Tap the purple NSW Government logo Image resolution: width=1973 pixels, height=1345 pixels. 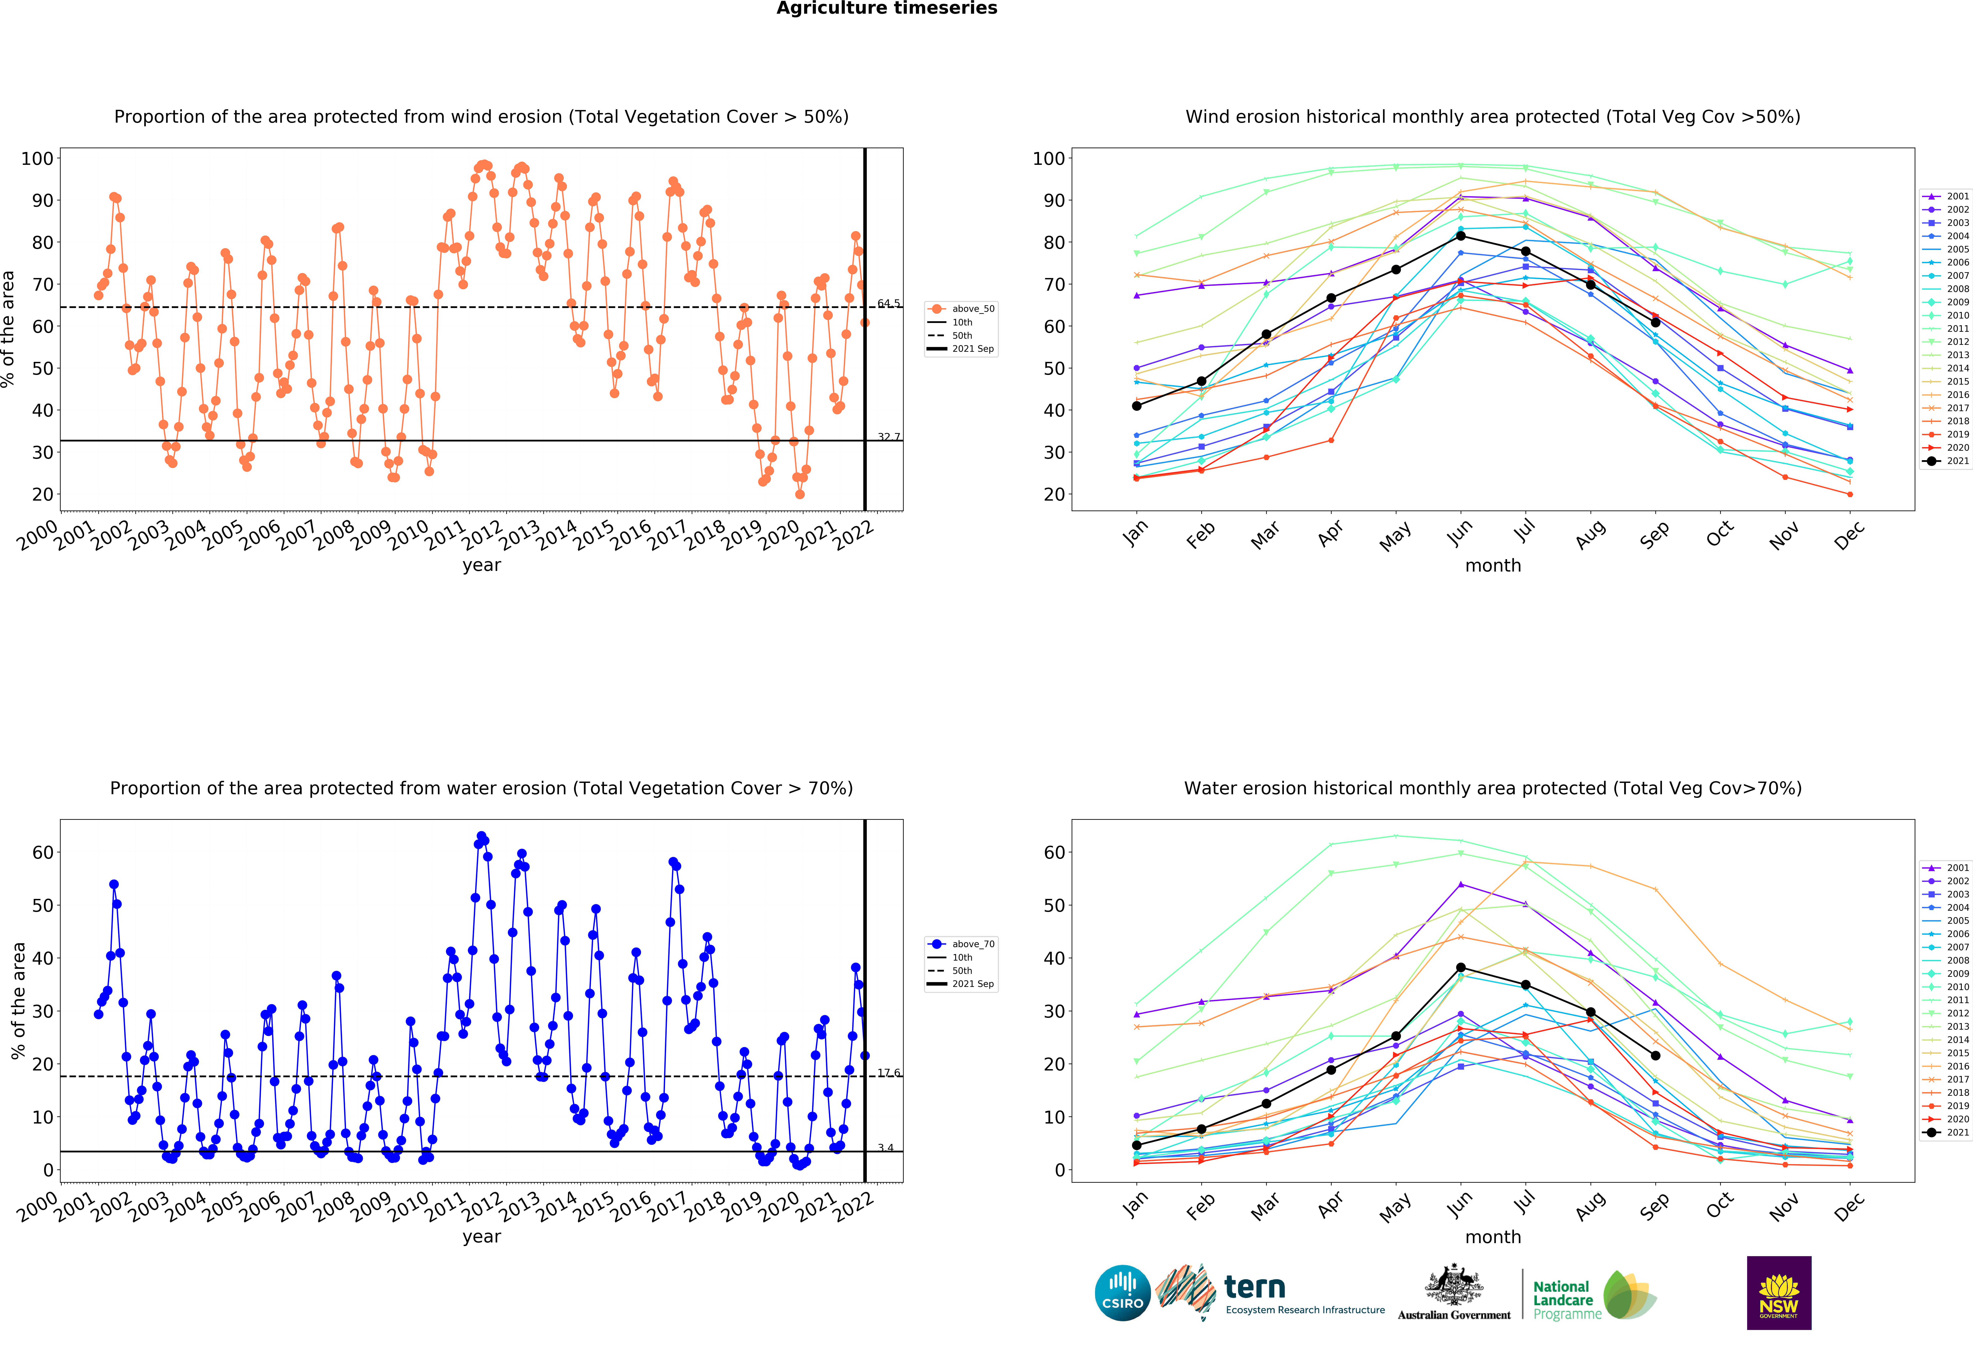[x=1778, y=1292]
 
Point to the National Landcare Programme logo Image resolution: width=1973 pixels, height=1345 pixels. [x=1593, y=1295]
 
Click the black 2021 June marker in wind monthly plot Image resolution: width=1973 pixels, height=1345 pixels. [x=1460, y=236]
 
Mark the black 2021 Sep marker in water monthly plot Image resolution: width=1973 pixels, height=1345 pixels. [x=1655, y=1056]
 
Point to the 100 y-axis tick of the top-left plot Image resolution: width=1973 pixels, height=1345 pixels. [x=37, y=159]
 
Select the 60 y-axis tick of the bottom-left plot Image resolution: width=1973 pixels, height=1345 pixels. [x=43, y=853]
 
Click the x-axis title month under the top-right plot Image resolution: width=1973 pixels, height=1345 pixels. [x=1492, y=565]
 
